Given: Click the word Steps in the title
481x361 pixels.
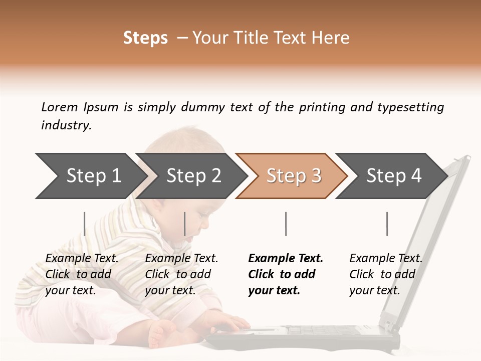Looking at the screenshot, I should click(145, 38).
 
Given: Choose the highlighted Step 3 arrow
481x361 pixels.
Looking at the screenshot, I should click(294, 175).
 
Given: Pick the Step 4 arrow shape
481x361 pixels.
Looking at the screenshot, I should click(394, 175).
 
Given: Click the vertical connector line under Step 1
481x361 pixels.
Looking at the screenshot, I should click(85, 224).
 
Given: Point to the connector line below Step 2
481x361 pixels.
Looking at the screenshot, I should click(185, 224).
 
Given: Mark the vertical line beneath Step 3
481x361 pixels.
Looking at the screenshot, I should click(286, 224).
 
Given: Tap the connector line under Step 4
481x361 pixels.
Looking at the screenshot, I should click(387, 224).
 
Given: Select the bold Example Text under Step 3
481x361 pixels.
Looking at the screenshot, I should click(286, 274).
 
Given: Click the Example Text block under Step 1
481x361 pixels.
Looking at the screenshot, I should click(82, 274).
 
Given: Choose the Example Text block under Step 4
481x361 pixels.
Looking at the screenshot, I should click(386, 274).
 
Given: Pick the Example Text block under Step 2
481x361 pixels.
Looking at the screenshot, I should click(181, 274).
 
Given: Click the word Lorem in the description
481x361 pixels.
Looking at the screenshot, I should click(60, 107).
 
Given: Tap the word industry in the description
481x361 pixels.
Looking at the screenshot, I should click(66, 125).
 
